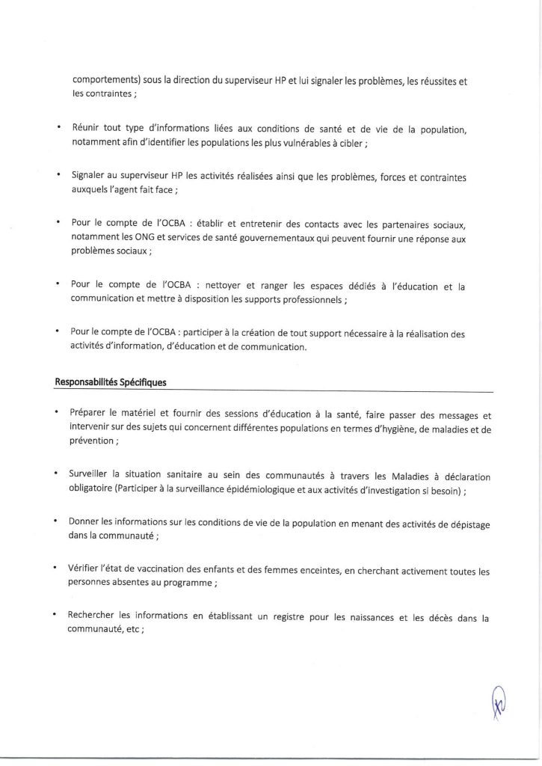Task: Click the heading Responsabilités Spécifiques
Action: (x=111, y=382)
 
